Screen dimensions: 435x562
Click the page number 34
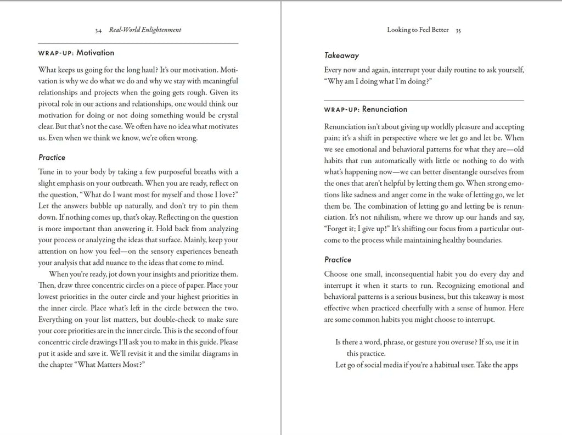click(98, 30)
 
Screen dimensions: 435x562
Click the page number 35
click(458, 30)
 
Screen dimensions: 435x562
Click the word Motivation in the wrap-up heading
click(95, 53)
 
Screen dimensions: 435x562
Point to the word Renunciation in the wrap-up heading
click(385, 109)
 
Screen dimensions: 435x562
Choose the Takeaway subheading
click(341, 55)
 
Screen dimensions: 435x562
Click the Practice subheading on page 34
click(52, 158)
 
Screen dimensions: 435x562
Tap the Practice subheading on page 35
click(338, 260)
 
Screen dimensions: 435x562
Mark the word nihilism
click(376, 217)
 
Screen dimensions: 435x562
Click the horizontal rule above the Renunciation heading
click(424, 101)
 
